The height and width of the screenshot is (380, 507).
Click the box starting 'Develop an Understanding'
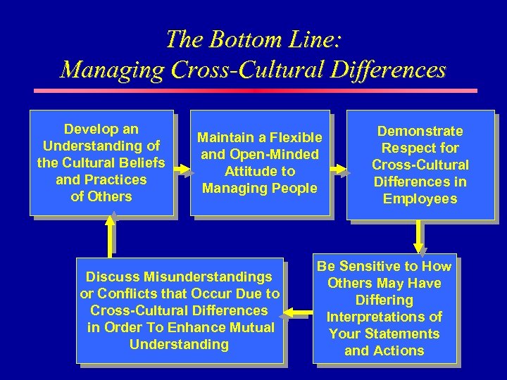[101, 163]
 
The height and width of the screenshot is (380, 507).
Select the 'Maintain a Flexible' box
[259, 163]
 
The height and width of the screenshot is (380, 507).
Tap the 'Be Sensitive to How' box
[384, 308]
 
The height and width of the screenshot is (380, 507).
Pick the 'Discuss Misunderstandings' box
[180, 310]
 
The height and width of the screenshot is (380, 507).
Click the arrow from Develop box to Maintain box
[182, 169]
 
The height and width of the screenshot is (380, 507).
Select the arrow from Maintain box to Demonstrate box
[339, 169]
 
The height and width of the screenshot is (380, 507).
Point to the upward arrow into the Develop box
[110, 233]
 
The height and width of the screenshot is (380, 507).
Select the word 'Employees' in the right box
[420, 198]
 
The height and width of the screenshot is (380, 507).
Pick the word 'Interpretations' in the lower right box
[384, 317]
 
